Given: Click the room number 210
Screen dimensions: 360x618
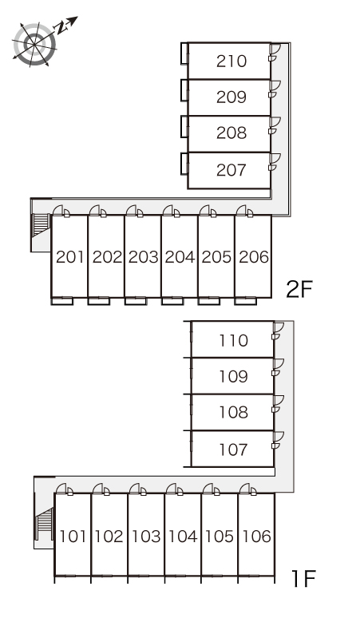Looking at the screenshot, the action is pyautogui.click(x=231, y=61).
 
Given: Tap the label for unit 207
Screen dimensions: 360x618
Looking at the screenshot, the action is pyautogui.click(x=231, y=170).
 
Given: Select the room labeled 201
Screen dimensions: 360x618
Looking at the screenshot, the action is pyautogui.click(x=70, y=257).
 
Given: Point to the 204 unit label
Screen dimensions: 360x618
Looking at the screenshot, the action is pyautogui.click(x=180, y=257).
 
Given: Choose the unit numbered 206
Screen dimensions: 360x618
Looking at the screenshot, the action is pyautogui.click(x=254, y=257).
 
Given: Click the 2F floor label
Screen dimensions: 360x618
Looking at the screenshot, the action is pyautogui.click(x=299, y=290).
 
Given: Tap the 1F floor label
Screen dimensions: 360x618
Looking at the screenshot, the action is pyautogui.click(x=303, y=578).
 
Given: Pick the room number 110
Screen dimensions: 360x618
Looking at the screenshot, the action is pyautogui.click(x=234, y=340).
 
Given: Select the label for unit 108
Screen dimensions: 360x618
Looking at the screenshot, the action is pyautogui.click(x=234, y=412).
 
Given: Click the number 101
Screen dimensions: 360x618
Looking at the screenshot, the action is pyautogui.click(x=73, y=537).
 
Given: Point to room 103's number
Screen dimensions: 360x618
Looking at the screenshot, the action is pyautogui.click(x=146, y=537).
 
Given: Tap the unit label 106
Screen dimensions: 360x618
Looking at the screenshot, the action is pyautogui.click(x=257, y=537).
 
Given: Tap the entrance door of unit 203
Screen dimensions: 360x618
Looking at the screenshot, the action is pyautogui.click(x=132, y=210).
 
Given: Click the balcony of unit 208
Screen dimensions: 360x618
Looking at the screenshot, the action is pyautogui.click(x=184, y=126).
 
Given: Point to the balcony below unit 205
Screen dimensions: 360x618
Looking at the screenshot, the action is pyautogui.click(x=209, y=301).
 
